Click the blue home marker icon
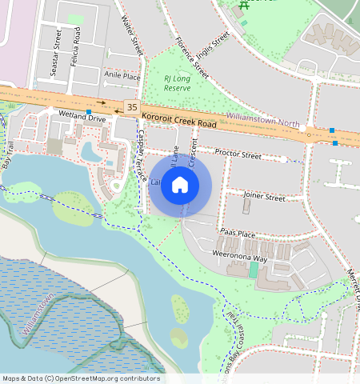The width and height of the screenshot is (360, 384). coord(180,185)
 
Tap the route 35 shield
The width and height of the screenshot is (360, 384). coord(132,106)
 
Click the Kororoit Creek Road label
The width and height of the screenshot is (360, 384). coord(180,121)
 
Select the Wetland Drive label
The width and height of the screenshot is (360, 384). coord(82,118)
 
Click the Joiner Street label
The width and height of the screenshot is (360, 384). coord(263,196)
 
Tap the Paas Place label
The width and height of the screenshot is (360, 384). coord(237,234)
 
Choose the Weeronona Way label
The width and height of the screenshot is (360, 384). coord(239,258)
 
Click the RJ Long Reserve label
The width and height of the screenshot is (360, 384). coord(178,83)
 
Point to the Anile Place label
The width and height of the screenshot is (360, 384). coord(122,77)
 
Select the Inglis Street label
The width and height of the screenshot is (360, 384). coord(214,36)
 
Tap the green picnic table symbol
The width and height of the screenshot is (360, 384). coord(242,6)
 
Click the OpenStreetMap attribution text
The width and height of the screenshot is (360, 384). coord(81,378)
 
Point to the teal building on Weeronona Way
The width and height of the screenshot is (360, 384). coord(254,270)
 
